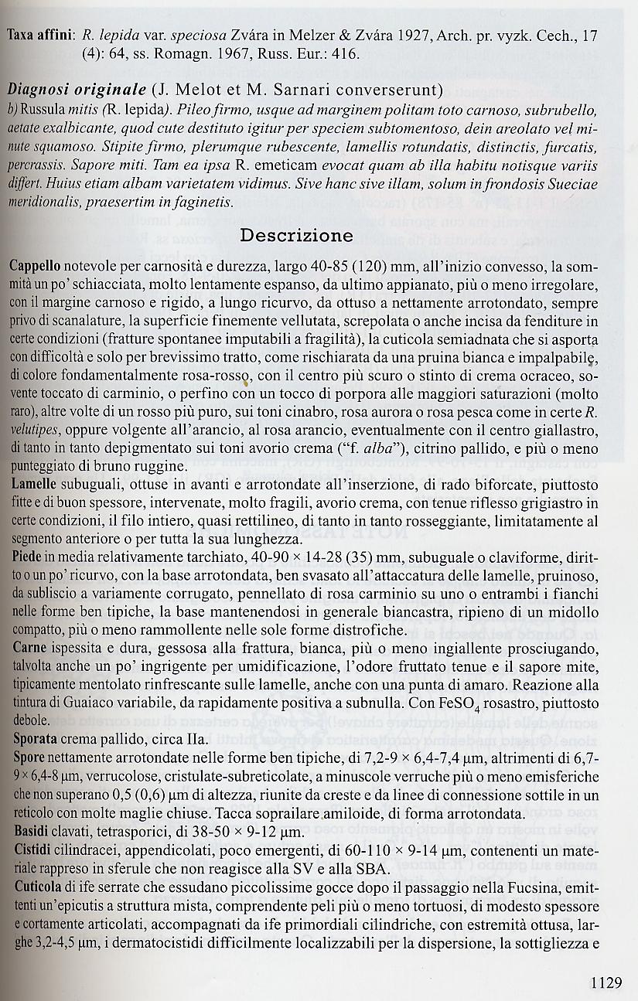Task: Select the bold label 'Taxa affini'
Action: tap(39, 36)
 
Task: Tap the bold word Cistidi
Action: tap(30, 848)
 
